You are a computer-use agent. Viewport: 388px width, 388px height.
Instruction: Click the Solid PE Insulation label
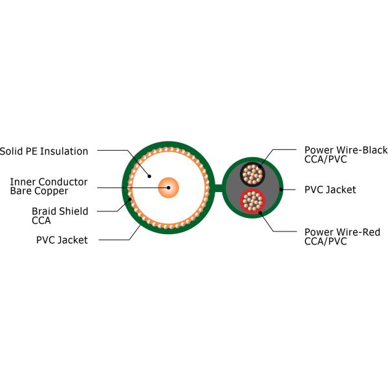click(x=44, y=151)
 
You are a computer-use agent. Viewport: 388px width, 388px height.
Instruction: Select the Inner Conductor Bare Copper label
click(x=48, y=186)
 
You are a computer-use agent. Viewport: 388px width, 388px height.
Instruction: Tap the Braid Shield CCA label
click(x=59, y=215)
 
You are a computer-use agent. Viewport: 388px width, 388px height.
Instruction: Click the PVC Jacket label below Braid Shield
click(x=61, y=240)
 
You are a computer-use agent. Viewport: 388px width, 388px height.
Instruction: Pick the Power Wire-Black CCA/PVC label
click(x=345, y=155)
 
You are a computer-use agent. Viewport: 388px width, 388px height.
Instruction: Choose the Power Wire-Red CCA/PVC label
click(x=342, y=236)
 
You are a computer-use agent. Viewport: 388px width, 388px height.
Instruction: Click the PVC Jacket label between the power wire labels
click(x=330, y=189)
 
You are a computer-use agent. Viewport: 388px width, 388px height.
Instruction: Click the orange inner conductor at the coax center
click(x=169, y=188)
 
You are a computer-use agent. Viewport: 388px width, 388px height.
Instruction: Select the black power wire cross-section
click(x=252, y=173)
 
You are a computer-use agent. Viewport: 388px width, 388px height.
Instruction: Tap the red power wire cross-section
click(x=252, y=201)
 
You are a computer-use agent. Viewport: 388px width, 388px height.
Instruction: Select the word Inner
click(x=23, y=182)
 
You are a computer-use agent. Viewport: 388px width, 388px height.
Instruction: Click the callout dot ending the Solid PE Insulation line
click(x=149, y=175)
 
